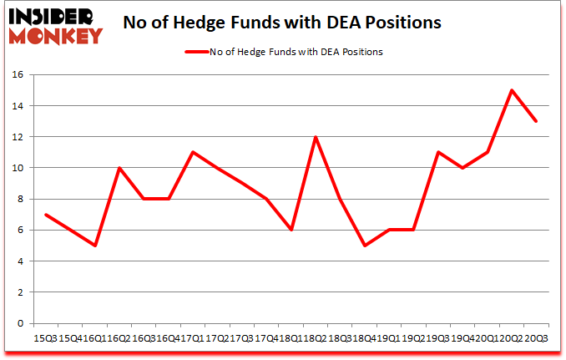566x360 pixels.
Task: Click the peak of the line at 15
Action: click(x=512, y=90)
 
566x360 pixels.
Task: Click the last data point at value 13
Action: click(x=536, y=121)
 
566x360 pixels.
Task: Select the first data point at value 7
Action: click(x=46, y=215)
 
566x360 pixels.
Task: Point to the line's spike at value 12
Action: click(x=316, y=137)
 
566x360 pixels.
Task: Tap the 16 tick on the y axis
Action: click(x=18, y=75)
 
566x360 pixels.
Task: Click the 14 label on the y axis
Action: click(x=18, y=106)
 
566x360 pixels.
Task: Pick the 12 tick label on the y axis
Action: click(x=18, y=137)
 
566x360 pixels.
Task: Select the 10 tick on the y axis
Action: click(x=18, y=168)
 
